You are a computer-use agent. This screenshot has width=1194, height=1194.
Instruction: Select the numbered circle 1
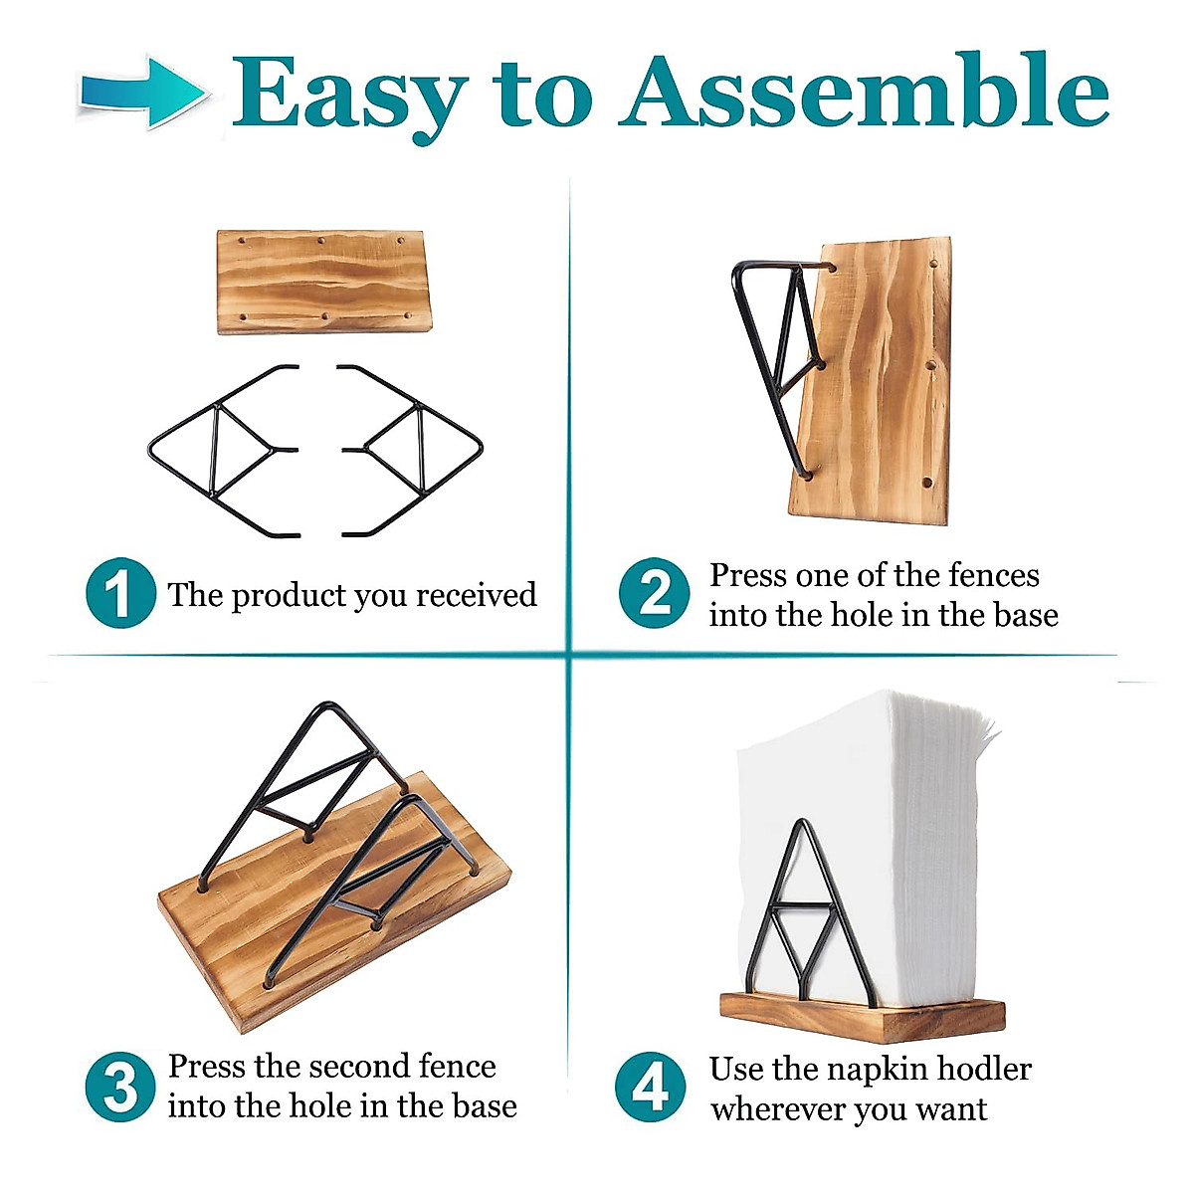coord(120,594)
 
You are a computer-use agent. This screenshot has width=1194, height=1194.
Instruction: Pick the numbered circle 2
coord(654,594)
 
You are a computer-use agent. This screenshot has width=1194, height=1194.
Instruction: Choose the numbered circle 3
coord(120,1087)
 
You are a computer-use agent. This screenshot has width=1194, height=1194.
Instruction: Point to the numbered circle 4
coord(651,1087)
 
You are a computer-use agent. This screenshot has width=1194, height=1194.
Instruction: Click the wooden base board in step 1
coord(323,282)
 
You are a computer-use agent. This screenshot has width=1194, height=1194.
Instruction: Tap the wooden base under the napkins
coord(862,1015)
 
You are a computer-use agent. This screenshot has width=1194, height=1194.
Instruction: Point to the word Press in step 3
coord(206,1067)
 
